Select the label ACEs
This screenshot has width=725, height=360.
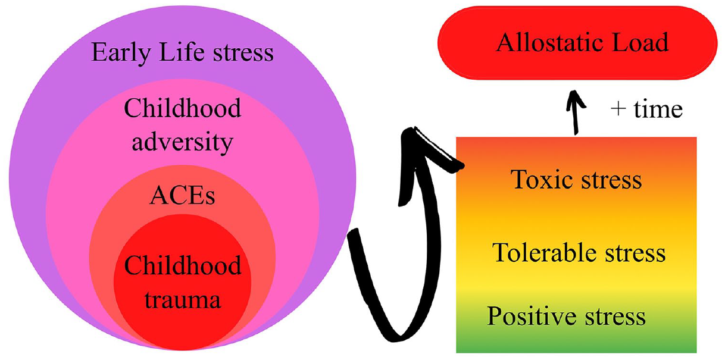(x=182, y=196)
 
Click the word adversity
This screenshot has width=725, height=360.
(x=182, y=142)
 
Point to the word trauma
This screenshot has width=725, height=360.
(x=182, y=300)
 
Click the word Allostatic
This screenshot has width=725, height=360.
(x=549, y=42)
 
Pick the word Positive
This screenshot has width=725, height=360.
(x=532, y=316)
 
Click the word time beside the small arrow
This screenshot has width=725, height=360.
(x=658, y=109)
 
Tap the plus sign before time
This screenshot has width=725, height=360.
(x=618, y=109)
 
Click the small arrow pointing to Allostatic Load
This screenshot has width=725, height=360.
(x=575, y=112)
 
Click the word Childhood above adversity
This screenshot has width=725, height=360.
(x=183, y=108)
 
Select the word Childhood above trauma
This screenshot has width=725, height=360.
(x=183, y=265)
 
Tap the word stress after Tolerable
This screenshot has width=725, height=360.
(x=635, y=253)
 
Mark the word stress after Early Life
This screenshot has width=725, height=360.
(x=243, y=53)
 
